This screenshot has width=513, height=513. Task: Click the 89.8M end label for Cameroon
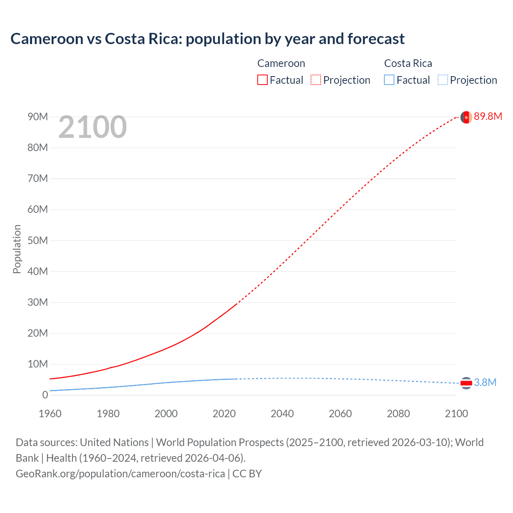pos(488,116)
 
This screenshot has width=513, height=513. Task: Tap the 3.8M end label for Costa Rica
pos(485,382)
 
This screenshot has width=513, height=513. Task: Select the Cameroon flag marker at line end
pos(466,117)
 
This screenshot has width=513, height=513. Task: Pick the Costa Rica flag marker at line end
pos(466,383)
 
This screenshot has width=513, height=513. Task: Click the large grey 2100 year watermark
pos(93,127)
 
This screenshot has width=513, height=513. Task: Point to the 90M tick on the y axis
pos(38,117)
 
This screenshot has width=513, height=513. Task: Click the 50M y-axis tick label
pos(38,240)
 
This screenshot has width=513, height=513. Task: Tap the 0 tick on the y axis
pos(45,395)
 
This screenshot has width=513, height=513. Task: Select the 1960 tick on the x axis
pos(50,414)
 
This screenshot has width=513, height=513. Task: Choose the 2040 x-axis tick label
pos(282,414)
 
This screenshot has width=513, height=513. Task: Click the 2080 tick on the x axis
pos(398,414)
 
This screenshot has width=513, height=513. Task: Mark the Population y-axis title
pos(17,249)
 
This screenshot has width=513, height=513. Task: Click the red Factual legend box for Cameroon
pos(262,80)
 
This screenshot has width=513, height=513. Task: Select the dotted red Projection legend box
pos(316,80)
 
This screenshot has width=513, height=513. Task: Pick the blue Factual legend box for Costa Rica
pos(389,80)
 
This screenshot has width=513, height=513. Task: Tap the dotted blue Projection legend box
pos(442,80)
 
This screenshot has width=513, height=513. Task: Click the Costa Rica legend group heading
pos(408,63)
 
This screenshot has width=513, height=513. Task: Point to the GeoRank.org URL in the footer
pos(120,474)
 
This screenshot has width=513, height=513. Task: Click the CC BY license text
pos(247,474)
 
